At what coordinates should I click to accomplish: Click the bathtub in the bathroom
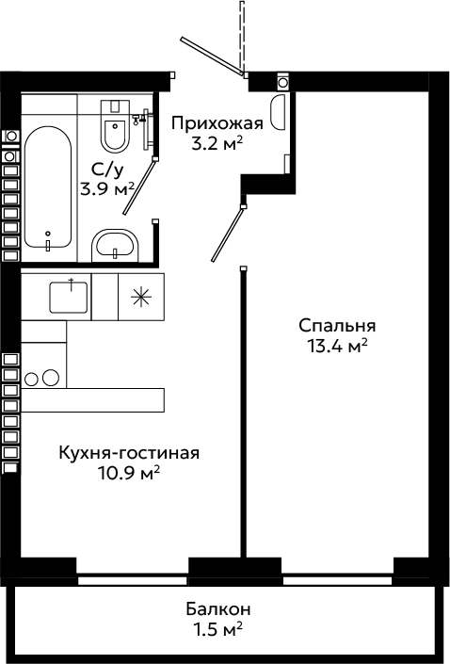(47, 188)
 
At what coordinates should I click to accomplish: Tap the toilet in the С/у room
(115, 125)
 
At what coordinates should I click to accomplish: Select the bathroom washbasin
(115, 247)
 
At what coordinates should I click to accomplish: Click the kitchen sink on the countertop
(69, 296)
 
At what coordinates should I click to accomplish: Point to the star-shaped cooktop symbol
(141, 297)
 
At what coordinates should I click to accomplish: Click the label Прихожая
(217, 123)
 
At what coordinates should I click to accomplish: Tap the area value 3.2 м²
(217, 144)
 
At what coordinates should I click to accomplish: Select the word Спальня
(337, 326)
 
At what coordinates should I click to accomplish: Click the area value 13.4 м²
(337, 346)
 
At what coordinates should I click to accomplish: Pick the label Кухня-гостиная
(129, 453)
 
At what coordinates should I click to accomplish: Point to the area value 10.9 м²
(129, 473)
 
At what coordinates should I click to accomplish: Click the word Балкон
(218, 609)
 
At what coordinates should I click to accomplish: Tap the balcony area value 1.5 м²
(218, 630)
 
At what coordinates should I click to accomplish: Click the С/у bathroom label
(108, 170)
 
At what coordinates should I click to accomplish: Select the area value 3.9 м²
(108, 189)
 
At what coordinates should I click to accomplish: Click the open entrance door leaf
(213, 56)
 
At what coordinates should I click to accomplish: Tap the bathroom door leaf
(140, 186)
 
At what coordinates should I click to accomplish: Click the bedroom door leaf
(228, 234)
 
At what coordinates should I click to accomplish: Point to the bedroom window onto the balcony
(338, 580)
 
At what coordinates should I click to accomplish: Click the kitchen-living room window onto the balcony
(133, 580)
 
